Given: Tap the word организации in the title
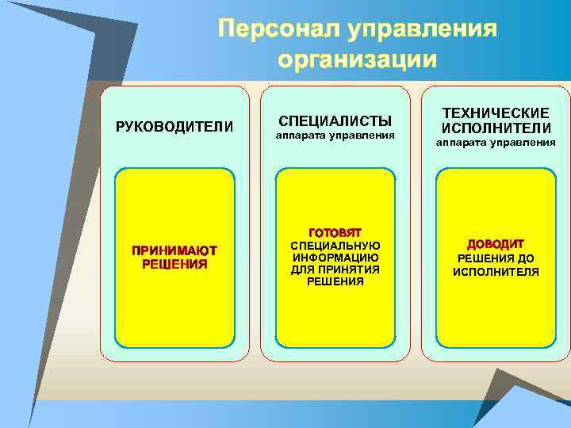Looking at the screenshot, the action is click(x=358, y=59).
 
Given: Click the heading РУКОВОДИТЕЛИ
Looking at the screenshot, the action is click(x=174, y=127).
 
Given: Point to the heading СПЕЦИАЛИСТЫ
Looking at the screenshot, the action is click(x=335, y=121).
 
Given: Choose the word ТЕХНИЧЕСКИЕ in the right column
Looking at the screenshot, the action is click(x=496, y=113).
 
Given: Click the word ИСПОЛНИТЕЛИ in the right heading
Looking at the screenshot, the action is click(x=496, y=128).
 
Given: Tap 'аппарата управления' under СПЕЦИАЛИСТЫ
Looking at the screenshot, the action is click(x=335, y=136).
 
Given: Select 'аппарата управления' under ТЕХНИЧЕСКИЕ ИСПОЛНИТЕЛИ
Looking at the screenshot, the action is click(x=496, y=143).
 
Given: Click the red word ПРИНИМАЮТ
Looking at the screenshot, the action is click(x=174, y=250).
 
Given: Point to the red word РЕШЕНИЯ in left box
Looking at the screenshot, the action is click(x=174, y=264).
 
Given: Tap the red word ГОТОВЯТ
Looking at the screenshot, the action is click(x=335, y=232).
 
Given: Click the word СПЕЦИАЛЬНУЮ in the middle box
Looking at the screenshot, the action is click(x=335, y=245).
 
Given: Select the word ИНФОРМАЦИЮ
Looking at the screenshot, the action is click(x=335, y=257).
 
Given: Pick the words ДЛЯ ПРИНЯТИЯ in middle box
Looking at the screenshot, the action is click(x=335, y=269).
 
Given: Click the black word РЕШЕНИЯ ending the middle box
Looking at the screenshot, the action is click(x=335, y=281).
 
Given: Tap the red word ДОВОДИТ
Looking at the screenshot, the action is click(x=496, y=244).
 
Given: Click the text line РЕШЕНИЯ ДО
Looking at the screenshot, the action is click(x=496, y=258).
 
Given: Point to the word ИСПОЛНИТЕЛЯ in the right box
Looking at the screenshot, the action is click(x=496, y=272).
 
